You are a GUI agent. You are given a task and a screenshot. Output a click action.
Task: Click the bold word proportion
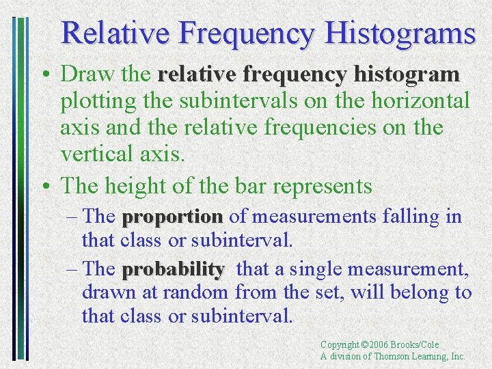pos(172,217)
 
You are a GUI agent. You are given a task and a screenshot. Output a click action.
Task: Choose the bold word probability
pos(173,270)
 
